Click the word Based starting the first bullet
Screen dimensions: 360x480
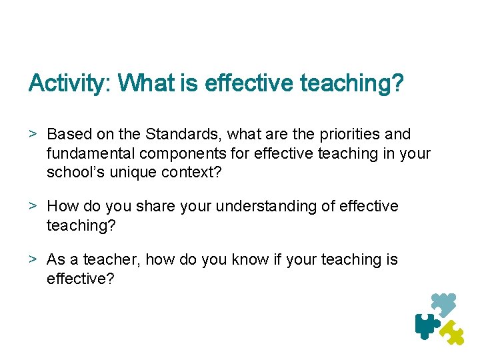tap(67, 135)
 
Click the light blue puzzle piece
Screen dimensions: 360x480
tap(443, 304)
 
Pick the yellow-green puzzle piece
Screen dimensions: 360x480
tap(453, 332)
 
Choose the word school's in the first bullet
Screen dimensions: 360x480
tap(73, 172)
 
